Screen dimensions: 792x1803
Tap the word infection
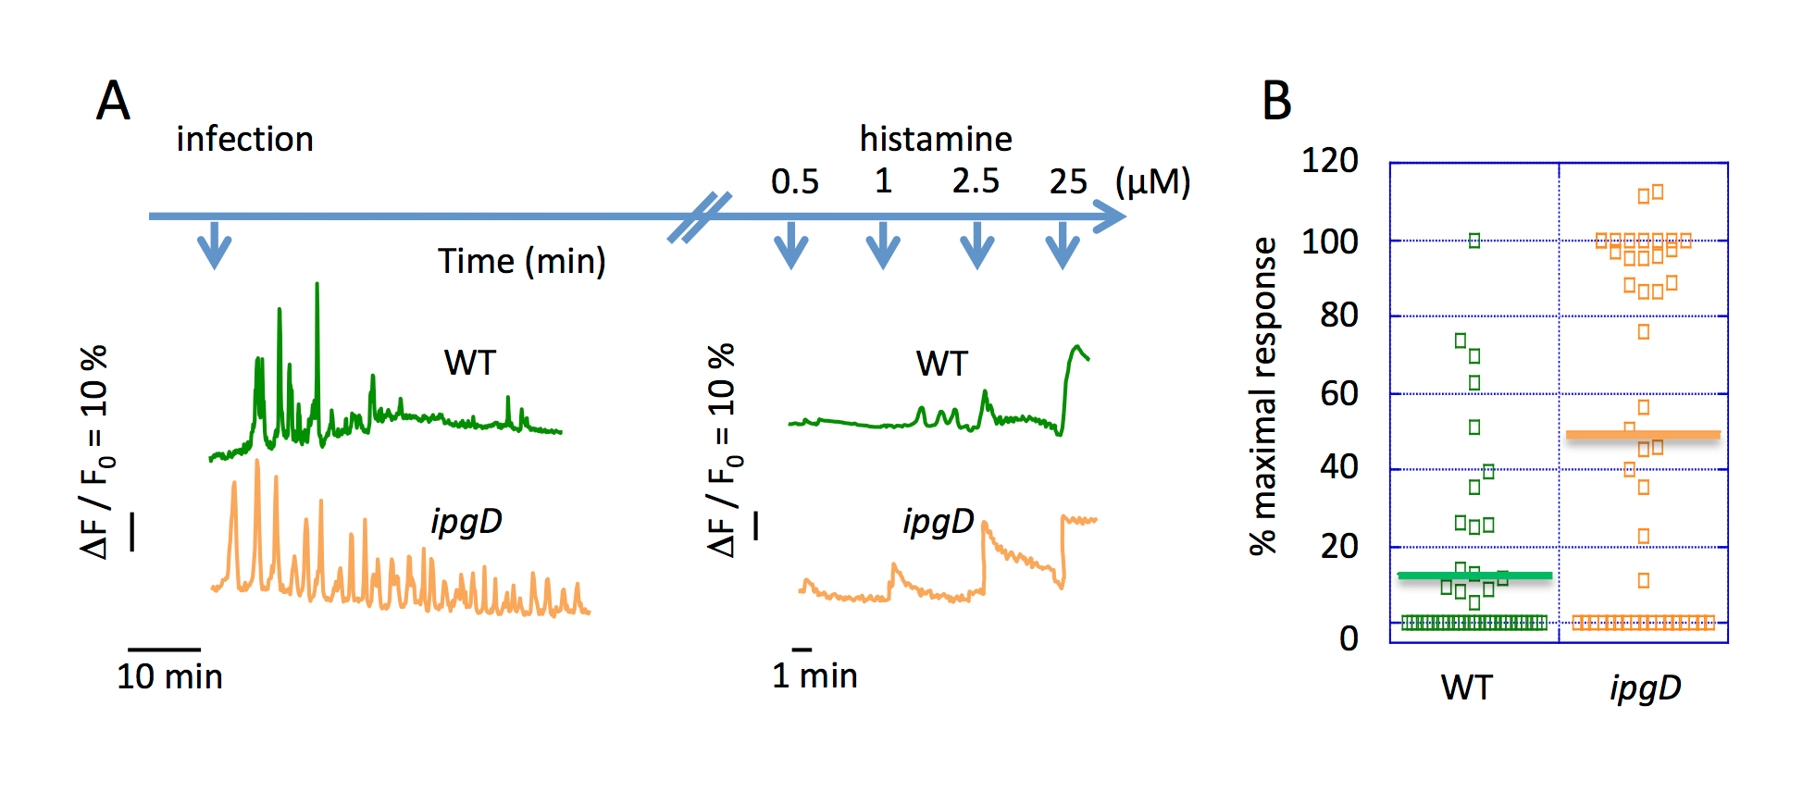coord(244,140)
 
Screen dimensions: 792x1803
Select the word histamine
coord(935,140)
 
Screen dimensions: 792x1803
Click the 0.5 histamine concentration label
coord(794,181)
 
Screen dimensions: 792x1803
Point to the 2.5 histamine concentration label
coord(976,181)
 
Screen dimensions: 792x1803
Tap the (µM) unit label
coord(1152,182)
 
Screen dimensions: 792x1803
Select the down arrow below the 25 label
coord(1063,245)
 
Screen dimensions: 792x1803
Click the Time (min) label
coord(521,262)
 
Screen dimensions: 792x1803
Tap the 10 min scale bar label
coord(169,676)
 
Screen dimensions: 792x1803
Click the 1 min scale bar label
coord(814,675)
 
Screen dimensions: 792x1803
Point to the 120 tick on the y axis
coord(1329,161)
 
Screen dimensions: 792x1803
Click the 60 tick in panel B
coord(1338,394)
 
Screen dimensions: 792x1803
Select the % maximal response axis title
coord(1263,396)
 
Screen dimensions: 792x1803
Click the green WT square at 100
coord(1474,241)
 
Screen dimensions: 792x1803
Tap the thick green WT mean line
coord(1474,575)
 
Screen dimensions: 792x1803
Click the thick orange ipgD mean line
coord(1643,434)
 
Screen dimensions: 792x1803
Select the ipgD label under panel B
coord(1645,688)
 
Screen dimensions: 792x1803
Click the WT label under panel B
coord(1466,688)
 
